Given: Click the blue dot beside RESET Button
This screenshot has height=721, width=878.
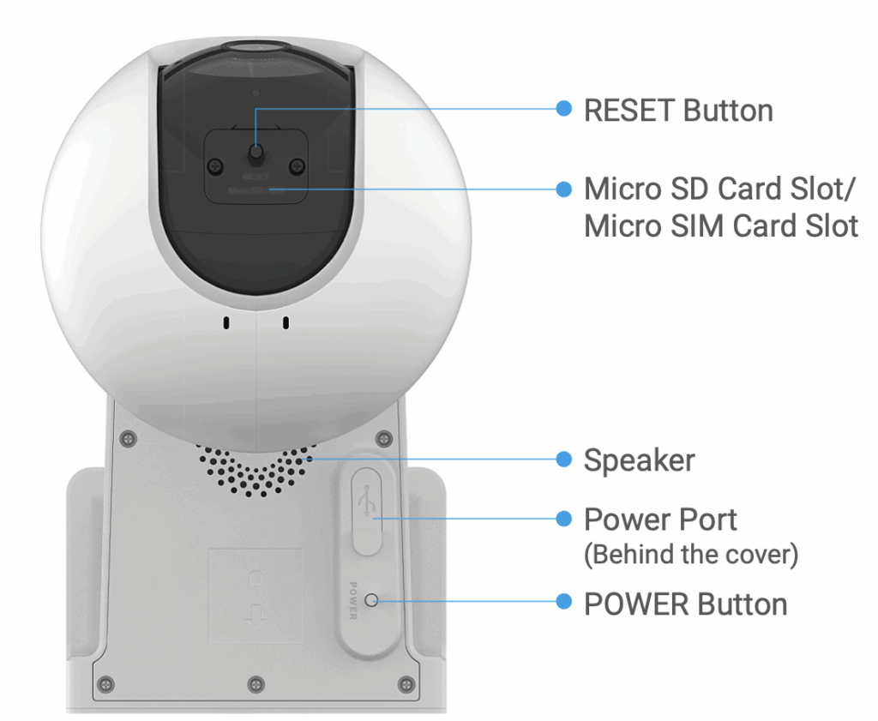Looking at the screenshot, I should [x=563, y=110].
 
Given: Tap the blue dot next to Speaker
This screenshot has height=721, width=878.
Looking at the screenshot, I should [x=563, y=460].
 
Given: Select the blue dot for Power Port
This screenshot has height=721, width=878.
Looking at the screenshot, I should [x=563, y=519].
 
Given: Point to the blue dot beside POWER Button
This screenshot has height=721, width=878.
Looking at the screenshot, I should [x=563, y=602].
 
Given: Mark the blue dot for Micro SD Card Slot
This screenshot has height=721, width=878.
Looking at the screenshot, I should [x=563, y=189].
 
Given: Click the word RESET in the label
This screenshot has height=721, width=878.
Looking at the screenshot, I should [x=628, y=111].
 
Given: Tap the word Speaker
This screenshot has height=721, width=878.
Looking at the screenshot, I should [x=639, y=460].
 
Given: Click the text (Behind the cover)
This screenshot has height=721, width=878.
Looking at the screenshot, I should [x=690, y=555].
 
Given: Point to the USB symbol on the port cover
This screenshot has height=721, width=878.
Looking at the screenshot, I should [x=367, y=502].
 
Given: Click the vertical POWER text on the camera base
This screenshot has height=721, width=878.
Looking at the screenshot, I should [x=352, y=600].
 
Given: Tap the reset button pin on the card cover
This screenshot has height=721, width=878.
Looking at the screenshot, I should [x=256, y=154].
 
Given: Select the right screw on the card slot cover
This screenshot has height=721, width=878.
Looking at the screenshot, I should [x=297, y=166].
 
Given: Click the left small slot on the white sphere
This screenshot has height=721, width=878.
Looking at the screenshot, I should [x=226, y=324].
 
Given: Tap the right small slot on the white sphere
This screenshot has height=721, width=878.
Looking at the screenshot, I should [x=286, y=324].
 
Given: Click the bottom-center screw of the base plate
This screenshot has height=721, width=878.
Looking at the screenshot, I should [x=255, y=683].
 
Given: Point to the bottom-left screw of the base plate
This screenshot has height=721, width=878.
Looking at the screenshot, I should [x=105, y=683].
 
